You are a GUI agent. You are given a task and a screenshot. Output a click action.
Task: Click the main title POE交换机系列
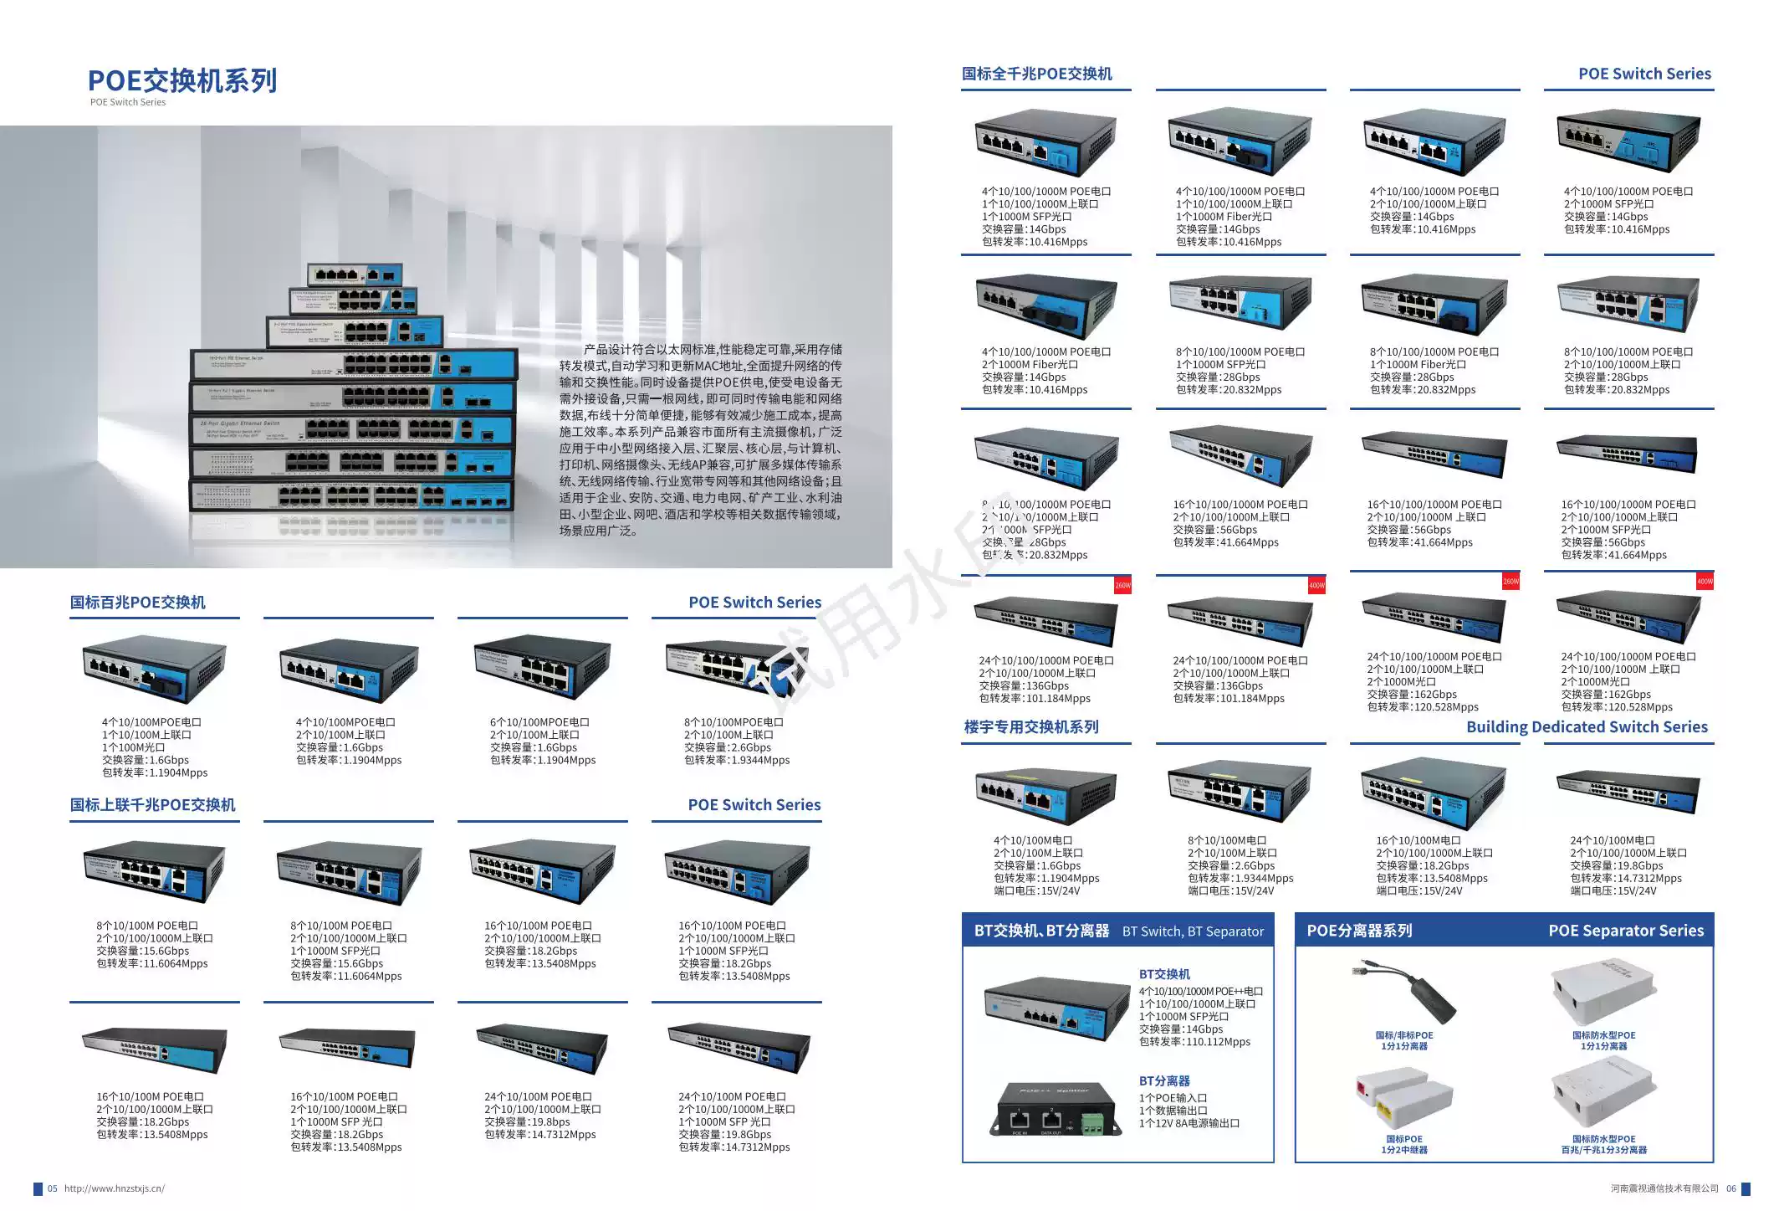(182, 80)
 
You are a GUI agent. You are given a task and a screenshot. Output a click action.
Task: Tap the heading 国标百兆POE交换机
(138, 603)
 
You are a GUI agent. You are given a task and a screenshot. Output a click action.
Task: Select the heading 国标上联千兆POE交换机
(153, 805)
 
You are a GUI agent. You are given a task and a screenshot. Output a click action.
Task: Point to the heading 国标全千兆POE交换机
(1037, 74)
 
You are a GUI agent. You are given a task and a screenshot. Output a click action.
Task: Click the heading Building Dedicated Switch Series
(1587, 727)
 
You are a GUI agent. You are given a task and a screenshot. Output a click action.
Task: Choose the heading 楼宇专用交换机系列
(1031, 727)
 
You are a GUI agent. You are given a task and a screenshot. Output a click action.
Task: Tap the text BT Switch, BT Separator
(1193, 931)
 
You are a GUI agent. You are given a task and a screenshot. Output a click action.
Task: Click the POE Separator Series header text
(1625, 931)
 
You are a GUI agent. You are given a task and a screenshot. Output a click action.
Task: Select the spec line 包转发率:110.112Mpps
(1194, 1042)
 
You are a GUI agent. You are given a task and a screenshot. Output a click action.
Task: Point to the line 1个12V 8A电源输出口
(1188, 1123)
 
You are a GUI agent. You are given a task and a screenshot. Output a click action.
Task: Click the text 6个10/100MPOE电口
(539, 722)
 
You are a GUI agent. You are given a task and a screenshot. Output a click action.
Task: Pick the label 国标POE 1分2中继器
(1404, 1144)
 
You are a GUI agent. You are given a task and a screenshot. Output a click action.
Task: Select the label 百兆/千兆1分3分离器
(1603, 1150)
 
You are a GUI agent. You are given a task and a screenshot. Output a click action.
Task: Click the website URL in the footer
(115, 1188)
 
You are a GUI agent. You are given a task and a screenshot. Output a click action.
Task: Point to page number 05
(53, 1188)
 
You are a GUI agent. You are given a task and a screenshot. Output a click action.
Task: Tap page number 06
(1730, 1188)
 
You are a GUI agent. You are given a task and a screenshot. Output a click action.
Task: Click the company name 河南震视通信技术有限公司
(1664, 1188)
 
